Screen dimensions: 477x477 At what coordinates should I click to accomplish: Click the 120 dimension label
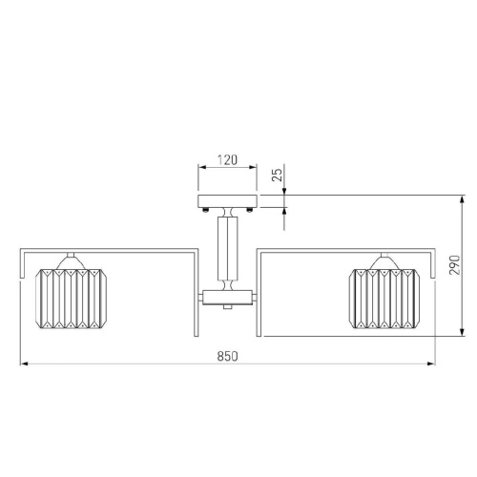click(x=228, y=160)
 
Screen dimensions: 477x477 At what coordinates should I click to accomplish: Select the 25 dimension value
click(x=278, y=175)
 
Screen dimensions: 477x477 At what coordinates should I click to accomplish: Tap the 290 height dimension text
click(x=455, y=265)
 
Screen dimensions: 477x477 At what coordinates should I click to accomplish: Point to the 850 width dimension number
click(x=228, y=356)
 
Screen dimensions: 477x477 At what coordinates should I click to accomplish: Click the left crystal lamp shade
click(x=72, y=299)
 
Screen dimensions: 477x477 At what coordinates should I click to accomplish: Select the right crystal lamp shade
click(x=384, y=299)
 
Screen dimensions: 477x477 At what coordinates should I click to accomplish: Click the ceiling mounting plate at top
click(x=227, y=201)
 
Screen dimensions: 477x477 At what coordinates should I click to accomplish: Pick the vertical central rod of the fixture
click(x=227, y=249)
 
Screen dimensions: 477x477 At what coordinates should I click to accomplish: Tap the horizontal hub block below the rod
click(x=227, y=298)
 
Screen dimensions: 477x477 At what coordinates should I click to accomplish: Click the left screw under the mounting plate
click(x=206, y=209)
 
